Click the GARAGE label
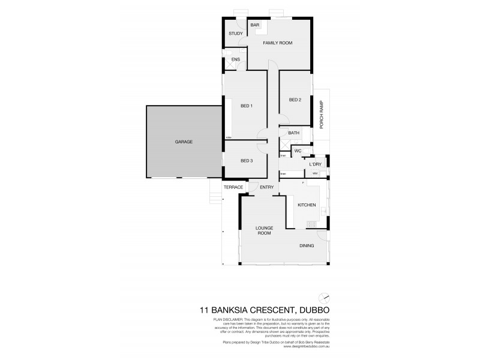(184, 142)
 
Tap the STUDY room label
(235, 34)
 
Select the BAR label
(254, 25)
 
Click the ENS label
(236, 59)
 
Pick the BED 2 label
(295, 100)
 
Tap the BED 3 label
(247, 160)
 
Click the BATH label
(294, 133)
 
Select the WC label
(297, 151)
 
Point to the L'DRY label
(316, 164)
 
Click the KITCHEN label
(307, 205)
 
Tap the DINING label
(307, 245)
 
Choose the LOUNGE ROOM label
(264, 230)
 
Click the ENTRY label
(267, 187)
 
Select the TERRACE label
(233, 187)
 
